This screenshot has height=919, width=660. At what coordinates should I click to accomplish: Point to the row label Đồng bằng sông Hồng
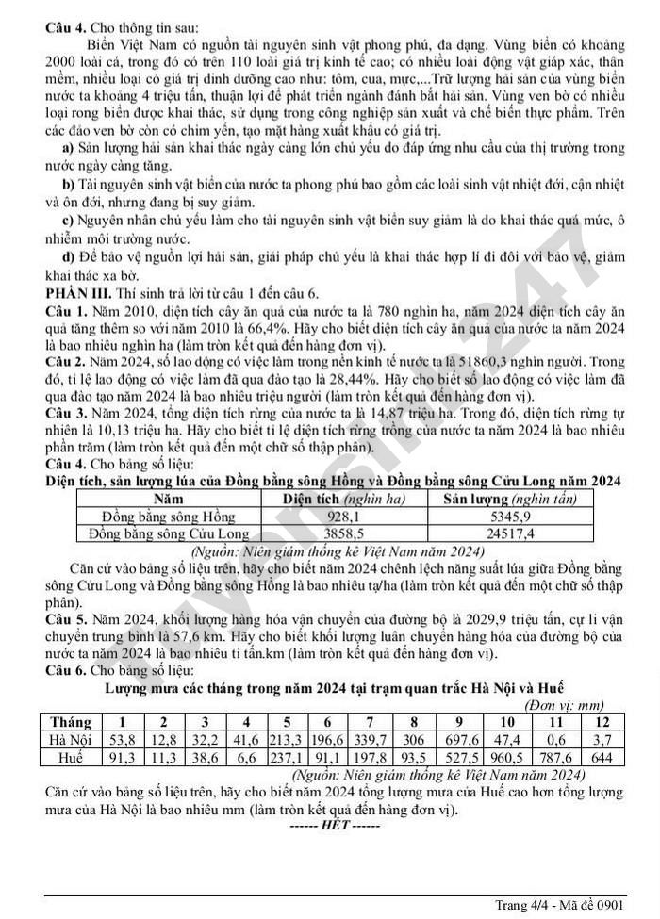point(168,516)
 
